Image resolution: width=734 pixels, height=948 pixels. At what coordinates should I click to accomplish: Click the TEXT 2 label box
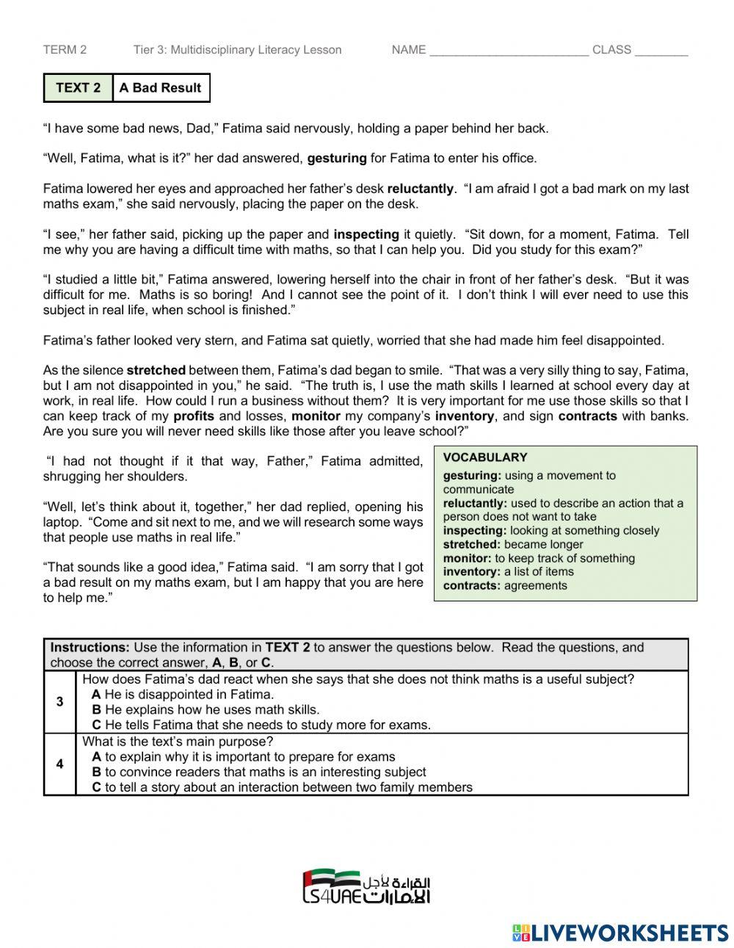(78, 88)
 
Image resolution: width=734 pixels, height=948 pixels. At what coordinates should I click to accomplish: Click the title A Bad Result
(160, 88)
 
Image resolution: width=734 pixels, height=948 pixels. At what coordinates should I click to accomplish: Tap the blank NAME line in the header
(509, 51)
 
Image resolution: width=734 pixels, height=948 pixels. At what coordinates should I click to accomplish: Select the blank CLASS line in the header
(661, 51)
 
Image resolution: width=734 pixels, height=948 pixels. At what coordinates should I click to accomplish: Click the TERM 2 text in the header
(65, 50)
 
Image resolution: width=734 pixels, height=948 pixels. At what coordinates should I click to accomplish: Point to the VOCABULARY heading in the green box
(485, 457)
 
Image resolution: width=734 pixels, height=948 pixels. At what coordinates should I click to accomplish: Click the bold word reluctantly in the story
(421, 189)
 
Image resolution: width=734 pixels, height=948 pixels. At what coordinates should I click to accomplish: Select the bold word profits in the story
(194, 416)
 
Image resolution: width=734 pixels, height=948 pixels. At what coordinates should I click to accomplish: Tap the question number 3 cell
(59, 702)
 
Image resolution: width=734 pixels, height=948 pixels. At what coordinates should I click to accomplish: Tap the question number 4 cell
(59, 764)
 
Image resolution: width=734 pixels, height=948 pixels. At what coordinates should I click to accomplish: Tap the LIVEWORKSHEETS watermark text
(629, 933)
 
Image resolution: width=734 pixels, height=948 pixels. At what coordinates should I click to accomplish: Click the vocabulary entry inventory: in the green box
(471, 572)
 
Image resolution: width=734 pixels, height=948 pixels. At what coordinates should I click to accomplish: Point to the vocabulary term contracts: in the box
(471, 586)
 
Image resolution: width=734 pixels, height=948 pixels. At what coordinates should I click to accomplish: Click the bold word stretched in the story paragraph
(156, 370)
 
